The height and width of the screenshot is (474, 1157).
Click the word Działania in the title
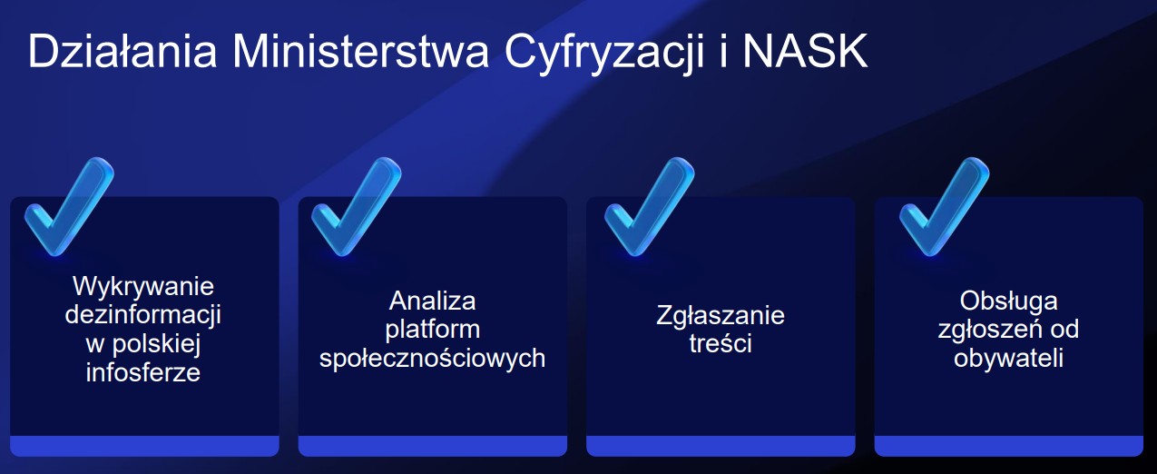123,51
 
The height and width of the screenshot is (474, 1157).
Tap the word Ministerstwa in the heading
360,51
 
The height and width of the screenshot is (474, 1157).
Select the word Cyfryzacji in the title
604,55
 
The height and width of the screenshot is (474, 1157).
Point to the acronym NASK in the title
805,51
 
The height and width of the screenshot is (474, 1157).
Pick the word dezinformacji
143,315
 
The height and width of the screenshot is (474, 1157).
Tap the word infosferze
143,372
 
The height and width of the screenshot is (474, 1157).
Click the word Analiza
432,301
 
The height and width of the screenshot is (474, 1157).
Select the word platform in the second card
432,331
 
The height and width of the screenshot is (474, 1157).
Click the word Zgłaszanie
721,316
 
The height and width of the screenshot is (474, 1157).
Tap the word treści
721,343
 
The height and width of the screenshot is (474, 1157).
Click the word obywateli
1009,358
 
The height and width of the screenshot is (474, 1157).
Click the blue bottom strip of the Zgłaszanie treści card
721,446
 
